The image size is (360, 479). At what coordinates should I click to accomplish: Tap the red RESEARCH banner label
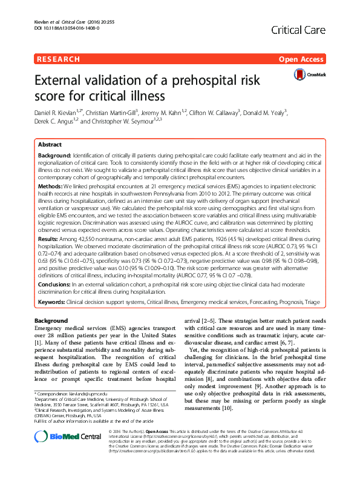tap(58, 59)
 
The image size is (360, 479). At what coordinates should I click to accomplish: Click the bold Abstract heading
tap(50, 145)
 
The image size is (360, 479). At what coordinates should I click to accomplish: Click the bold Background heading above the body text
tap(51, 320)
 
